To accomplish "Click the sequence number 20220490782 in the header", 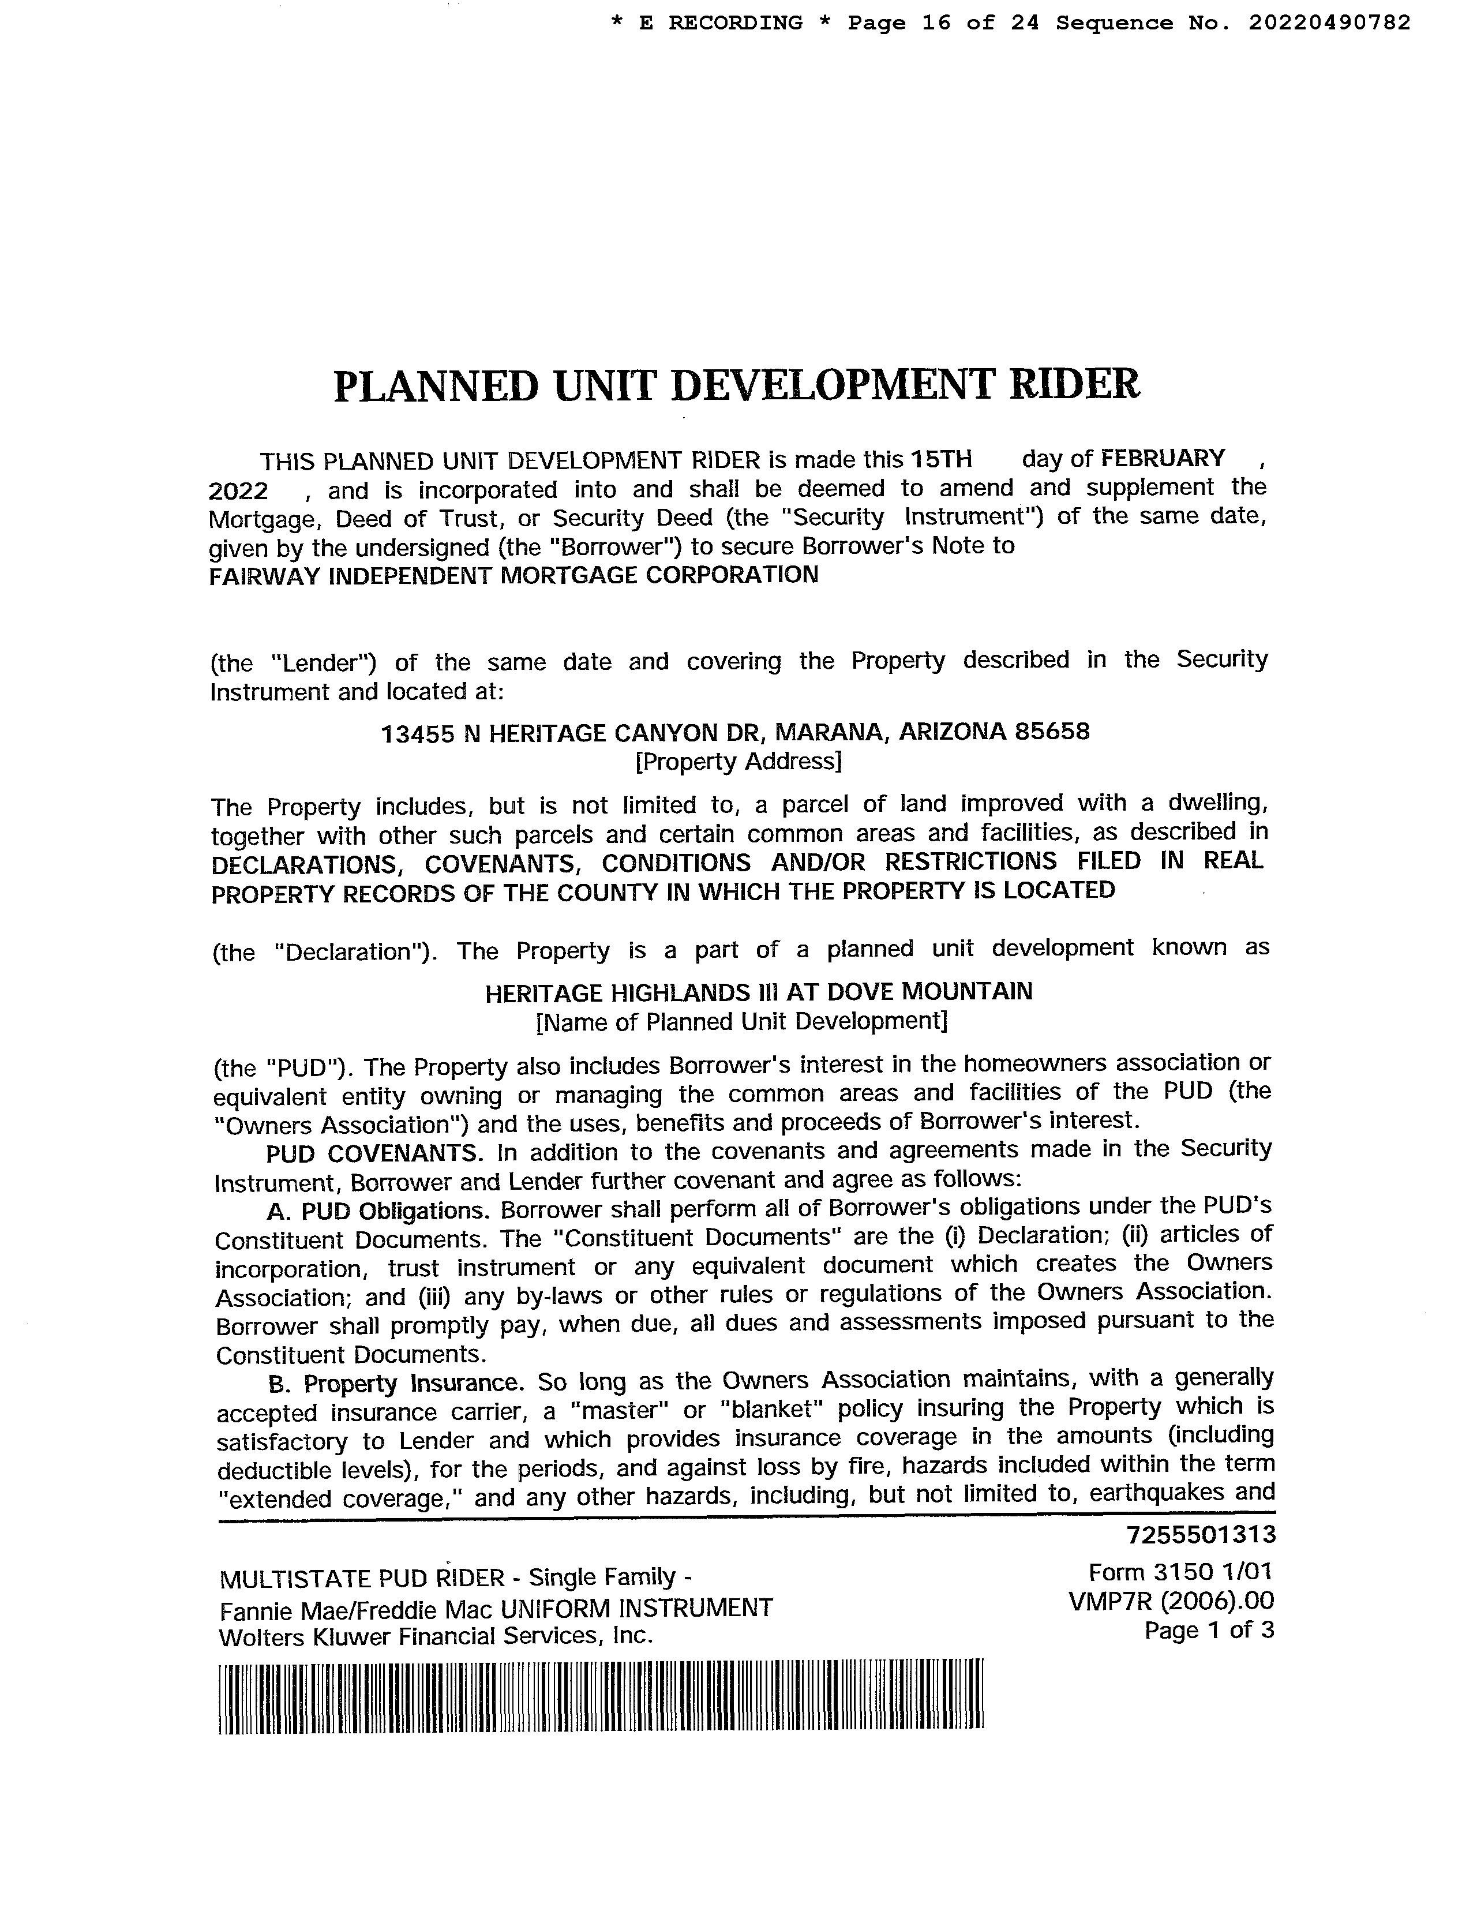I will pyautogui.click(x=1329, y=23).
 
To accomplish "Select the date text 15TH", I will pyautogui.click(x=940, y=459).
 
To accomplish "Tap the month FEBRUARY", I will pyautogui.click(x=1163, y=459).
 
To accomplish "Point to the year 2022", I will pyautogui.click(x=238, y=491).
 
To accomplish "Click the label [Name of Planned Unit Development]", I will pyautogui.click(x=741, y=1021).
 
